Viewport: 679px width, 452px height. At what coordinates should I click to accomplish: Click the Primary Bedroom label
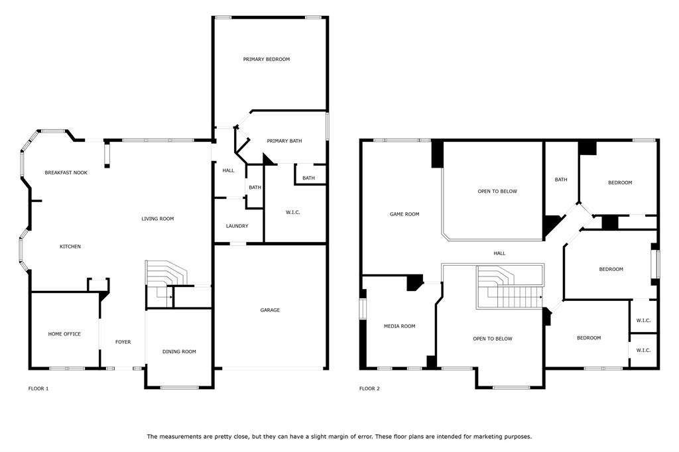click(267, 59)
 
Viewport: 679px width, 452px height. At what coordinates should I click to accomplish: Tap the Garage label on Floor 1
click(270, 310)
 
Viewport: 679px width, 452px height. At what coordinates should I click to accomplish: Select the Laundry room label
click(237, 226)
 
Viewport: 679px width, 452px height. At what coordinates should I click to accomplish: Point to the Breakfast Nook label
click(66, 173)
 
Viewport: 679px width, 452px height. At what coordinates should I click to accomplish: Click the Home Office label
click(64, 334)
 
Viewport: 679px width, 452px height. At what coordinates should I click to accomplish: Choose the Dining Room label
click(179, 351)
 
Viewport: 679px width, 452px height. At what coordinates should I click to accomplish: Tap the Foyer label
click(123, 342)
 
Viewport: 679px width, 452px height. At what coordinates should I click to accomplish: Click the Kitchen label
click(70, 247)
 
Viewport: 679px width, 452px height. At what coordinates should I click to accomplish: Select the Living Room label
click(158, 219)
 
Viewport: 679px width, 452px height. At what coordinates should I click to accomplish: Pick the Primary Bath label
click(284, 141)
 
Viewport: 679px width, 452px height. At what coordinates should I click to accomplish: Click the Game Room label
click(404, 214)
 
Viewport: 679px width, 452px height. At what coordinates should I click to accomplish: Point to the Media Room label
click(399, 327)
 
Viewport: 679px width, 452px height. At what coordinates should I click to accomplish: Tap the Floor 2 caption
click(369, 389)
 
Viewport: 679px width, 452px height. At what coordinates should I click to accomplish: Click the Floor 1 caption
click(38, 389)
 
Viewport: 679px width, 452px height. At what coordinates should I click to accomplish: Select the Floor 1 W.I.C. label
click(292, 213)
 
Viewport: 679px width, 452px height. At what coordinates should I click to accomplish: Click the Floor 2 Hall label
click(499, 254)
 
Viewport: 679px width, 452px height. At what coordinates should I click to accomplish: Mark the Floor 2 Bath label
click(561, 180)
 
